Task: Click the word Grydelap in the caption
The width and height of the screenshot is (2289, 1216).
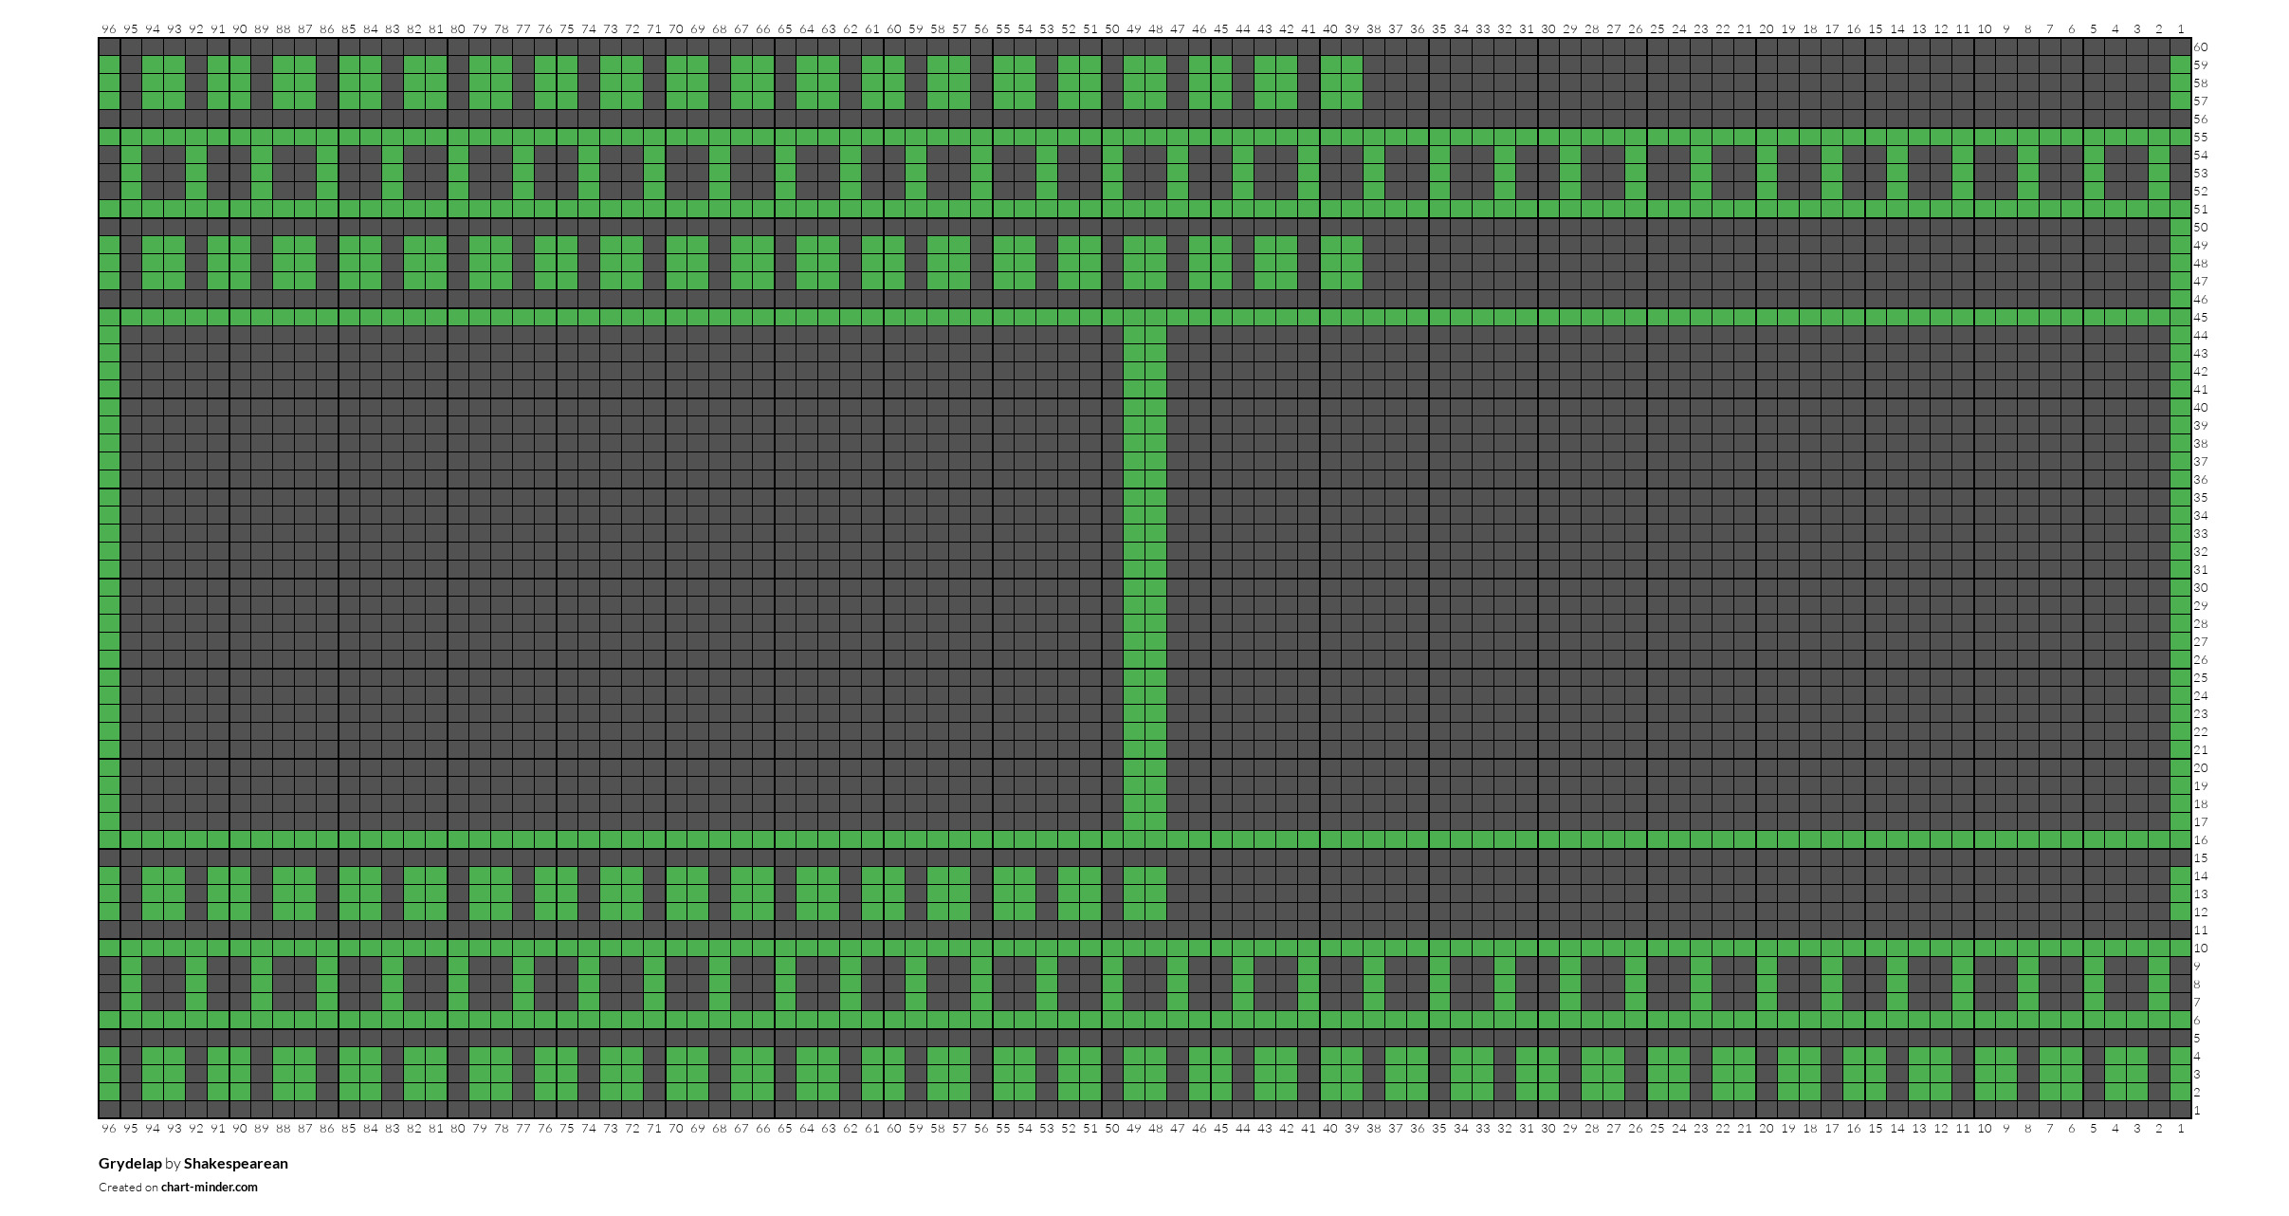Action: click(x=130, y=1164)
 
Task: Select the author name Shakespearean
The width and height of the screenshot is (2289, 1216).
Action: click(x=236, y=1164)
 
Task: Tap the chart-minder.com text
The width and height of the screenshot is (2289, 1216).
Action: click(x=210, y=1188)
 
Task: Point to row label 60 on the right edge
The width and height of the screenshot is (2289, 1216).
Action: click(x=2201, y=47)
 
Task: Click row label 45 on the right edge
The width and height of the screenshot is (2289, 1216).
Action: click(x=2201, y=318)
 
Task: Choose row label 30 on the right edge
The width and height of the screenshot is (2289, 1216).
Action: click(x=2201, y=588)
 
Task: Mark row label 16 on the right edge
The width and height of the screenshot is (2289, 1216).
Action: click(x=2201, y=840)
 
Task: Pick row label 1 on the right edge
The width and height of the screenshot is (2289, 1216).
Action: click(x=2197, y=1111)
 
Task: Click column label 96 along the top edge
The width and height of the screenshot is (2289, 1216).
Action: click(x=109, y=29)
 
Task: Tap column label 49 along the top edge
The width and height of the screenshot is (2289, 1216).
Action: click(x=1134, y=29)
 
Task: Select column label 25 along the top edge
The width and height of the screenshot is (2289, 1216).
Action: click(x=1657, y=29)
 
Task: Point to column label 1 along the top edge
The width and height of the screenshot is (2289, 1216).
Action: click(x=2181, y=29)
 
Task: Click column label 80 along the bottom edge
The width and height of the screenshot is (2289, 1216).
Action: click(x=458, y=1129)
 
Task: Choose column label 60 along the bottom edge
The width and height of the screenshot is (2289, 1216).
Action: click(x=894, y=1129)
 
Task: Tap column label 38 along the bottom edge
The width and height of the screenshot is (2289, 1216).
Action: click(x=1374, y=1129)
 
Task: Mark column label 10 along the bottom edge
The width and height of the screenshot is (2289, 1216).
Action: click(x=1985, y=1129)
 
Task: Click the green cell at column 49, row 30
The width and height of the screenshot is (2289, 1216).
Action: click(x=1134, y=588)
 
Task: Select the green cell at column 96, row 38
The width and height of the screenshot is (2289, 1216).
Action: click(x=109, y=444)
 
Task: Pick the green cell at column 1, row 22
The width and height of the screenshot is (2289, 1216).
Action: click(x=2181, y=732)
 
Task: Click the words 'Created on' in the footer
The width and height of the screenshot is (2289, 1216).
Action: click(x=128, y=1188)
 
